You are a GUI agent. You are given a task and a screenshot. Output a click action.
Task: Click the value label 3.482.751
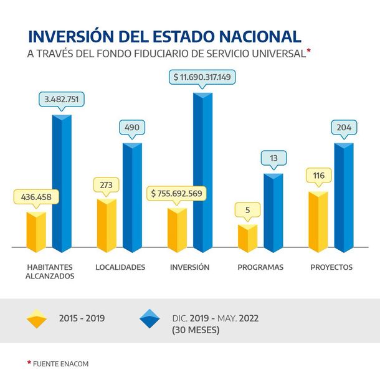(x=61, y=100)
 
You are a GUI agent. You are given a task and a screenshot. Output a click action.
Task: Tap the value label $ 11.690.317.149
(x=202, y=78)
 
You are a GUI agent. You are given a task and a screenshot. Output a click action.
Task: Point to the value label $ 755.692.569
(x=177, y=193)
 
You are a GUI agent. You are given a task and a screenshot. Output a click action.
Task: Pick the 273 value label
(x=107, y=185)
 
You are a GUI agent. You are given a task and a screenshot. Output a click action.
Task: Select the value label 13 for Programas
(x=273, y=158)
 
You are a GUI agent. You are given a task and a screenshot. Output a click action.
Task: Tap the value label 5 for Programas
(x=247, y=210)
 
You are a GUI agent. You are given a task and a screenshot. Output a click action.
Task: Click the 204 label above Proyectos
(x=344, y=128)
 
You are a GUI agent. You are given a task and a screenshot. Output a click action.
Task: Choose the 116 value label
(x=318, y=176)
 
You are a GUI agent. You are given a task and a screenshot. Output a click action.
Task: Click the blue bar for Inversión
(x=202, y=174)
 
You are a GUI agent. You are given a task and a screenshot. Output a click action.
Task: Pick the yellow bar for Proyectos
(x=318, y=222)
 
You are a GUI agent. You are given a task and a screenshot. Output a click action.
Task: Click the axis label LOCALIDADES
(x=120, y=267)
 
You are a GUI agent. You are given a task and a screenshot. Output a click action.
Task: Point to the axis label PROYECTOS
(x=331, y=267)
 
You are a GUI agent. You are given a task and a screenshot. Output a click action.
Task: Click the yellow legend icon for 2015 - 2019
(x=37, y=318)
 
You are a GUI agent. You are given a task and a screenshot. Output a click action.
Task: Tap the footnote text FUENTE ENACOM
(x=60, y=363)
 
